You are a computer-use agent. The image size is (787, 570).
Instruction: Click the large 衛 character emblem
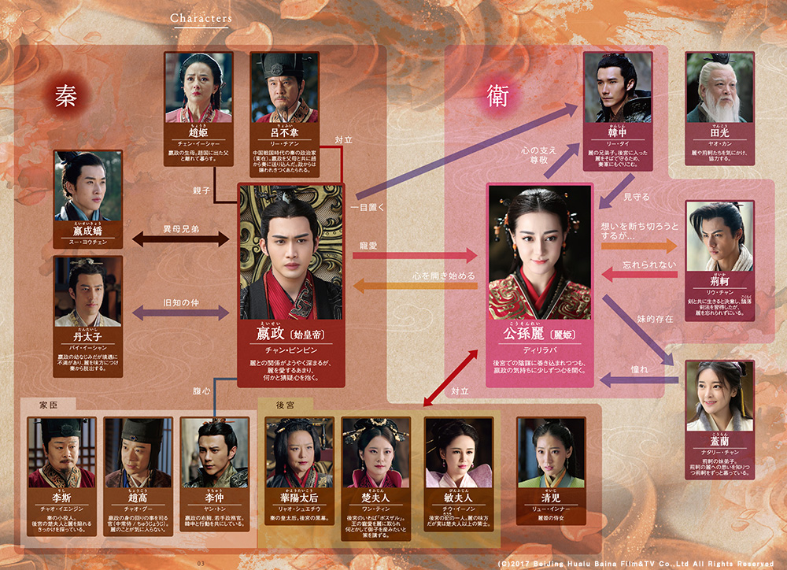pos(495,95)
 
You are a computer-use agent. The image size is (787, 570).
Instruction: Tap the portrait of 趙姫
pos(198,85)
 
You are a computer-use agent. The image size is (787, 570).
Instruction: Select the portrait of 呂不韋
pos(284,85)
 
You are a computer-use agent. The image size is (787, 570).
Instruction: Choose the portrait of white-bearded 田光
pos(719,85)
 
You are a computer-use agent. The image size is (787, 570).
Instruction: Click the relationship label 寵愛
pos(368,246)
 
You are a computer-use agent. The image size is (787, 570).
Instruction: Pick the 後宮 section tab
pos(285,405)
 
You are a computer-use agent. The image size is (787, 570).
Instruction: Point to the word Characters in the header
pos(201,17)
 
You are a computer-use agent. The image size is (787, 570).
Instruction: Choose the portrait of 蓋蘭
pos(719,391)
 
